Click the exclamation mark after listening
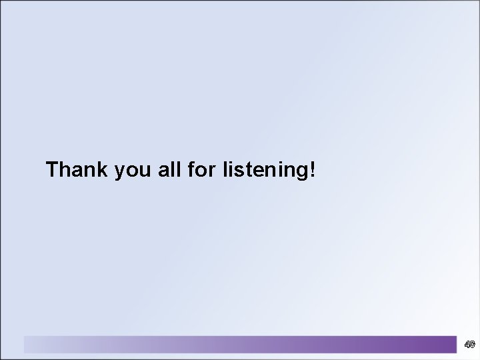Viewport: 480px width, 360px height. (x=312, y=170)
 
